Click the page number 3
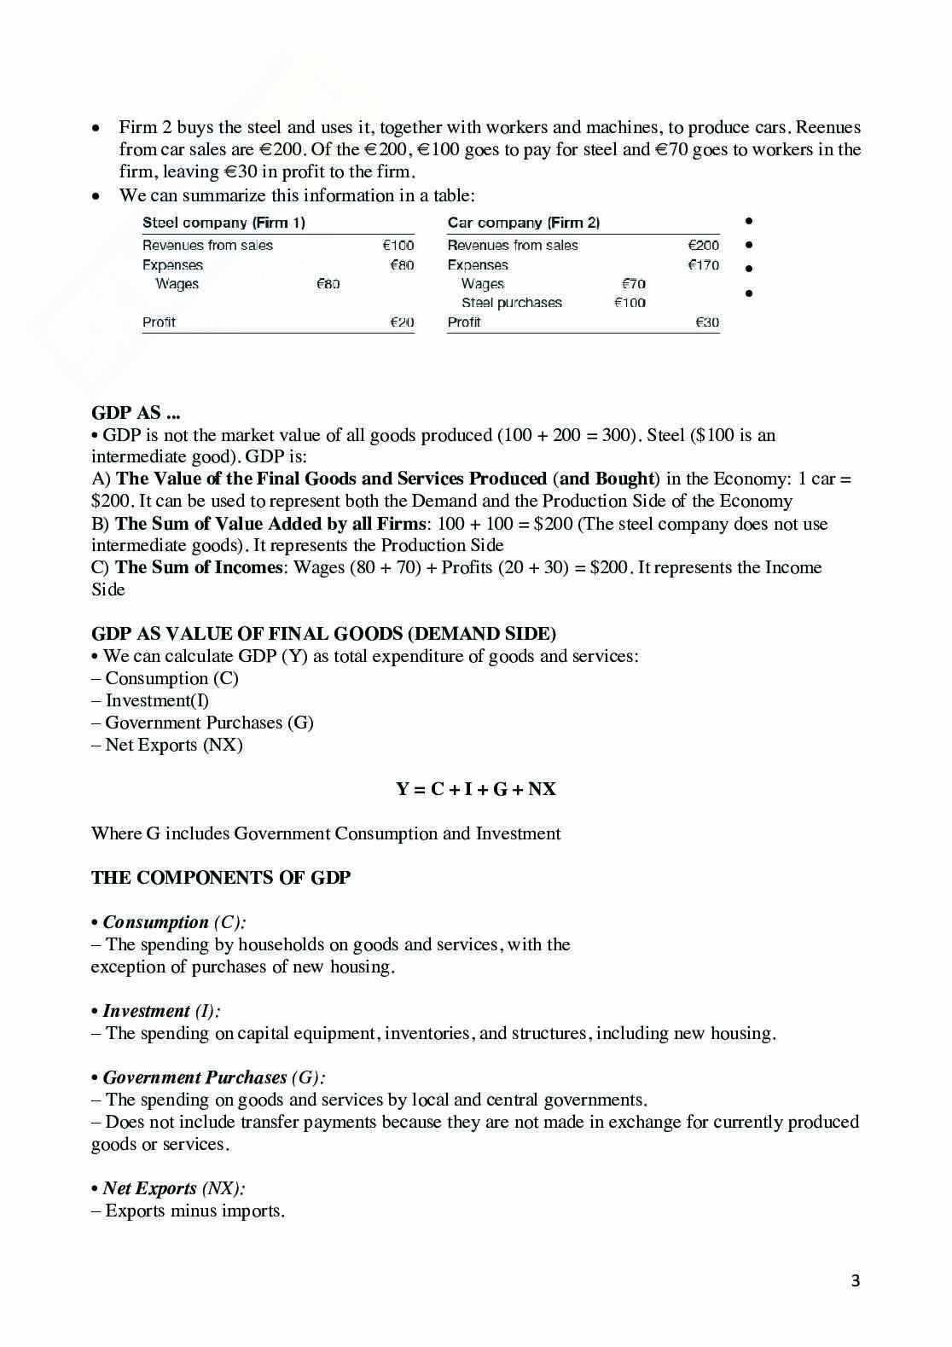(x=856, y=1280)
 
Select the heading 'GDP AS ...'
(x=136, y=413)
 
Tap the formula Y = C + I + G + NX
(x=475, y=789)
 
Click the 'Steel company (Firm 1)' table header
(x=223, y=223)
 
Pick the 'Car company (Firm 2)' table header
(x=523, y=223)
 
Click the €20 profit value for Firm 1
(x=402, y=322)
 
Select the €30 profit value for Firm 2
(x=707, y=322)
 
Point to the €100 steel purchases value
(x=630, y=303)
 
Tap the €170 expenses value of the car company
(x=704, y=265)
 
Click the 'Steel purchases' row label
(x=512, y=303)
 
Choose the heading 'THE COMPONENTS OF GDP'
(x=221, y=878)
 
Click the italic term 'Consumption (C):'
(x=174, y=922)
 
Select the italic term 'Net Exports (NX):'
(x=174, y=1188)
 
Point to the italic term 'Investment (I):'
(x=161, y=1011)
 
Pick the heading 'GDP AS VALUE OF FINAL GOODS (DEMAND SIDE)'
(x=323, y=634)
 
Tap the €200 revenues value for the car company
(x=704, y=246)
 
